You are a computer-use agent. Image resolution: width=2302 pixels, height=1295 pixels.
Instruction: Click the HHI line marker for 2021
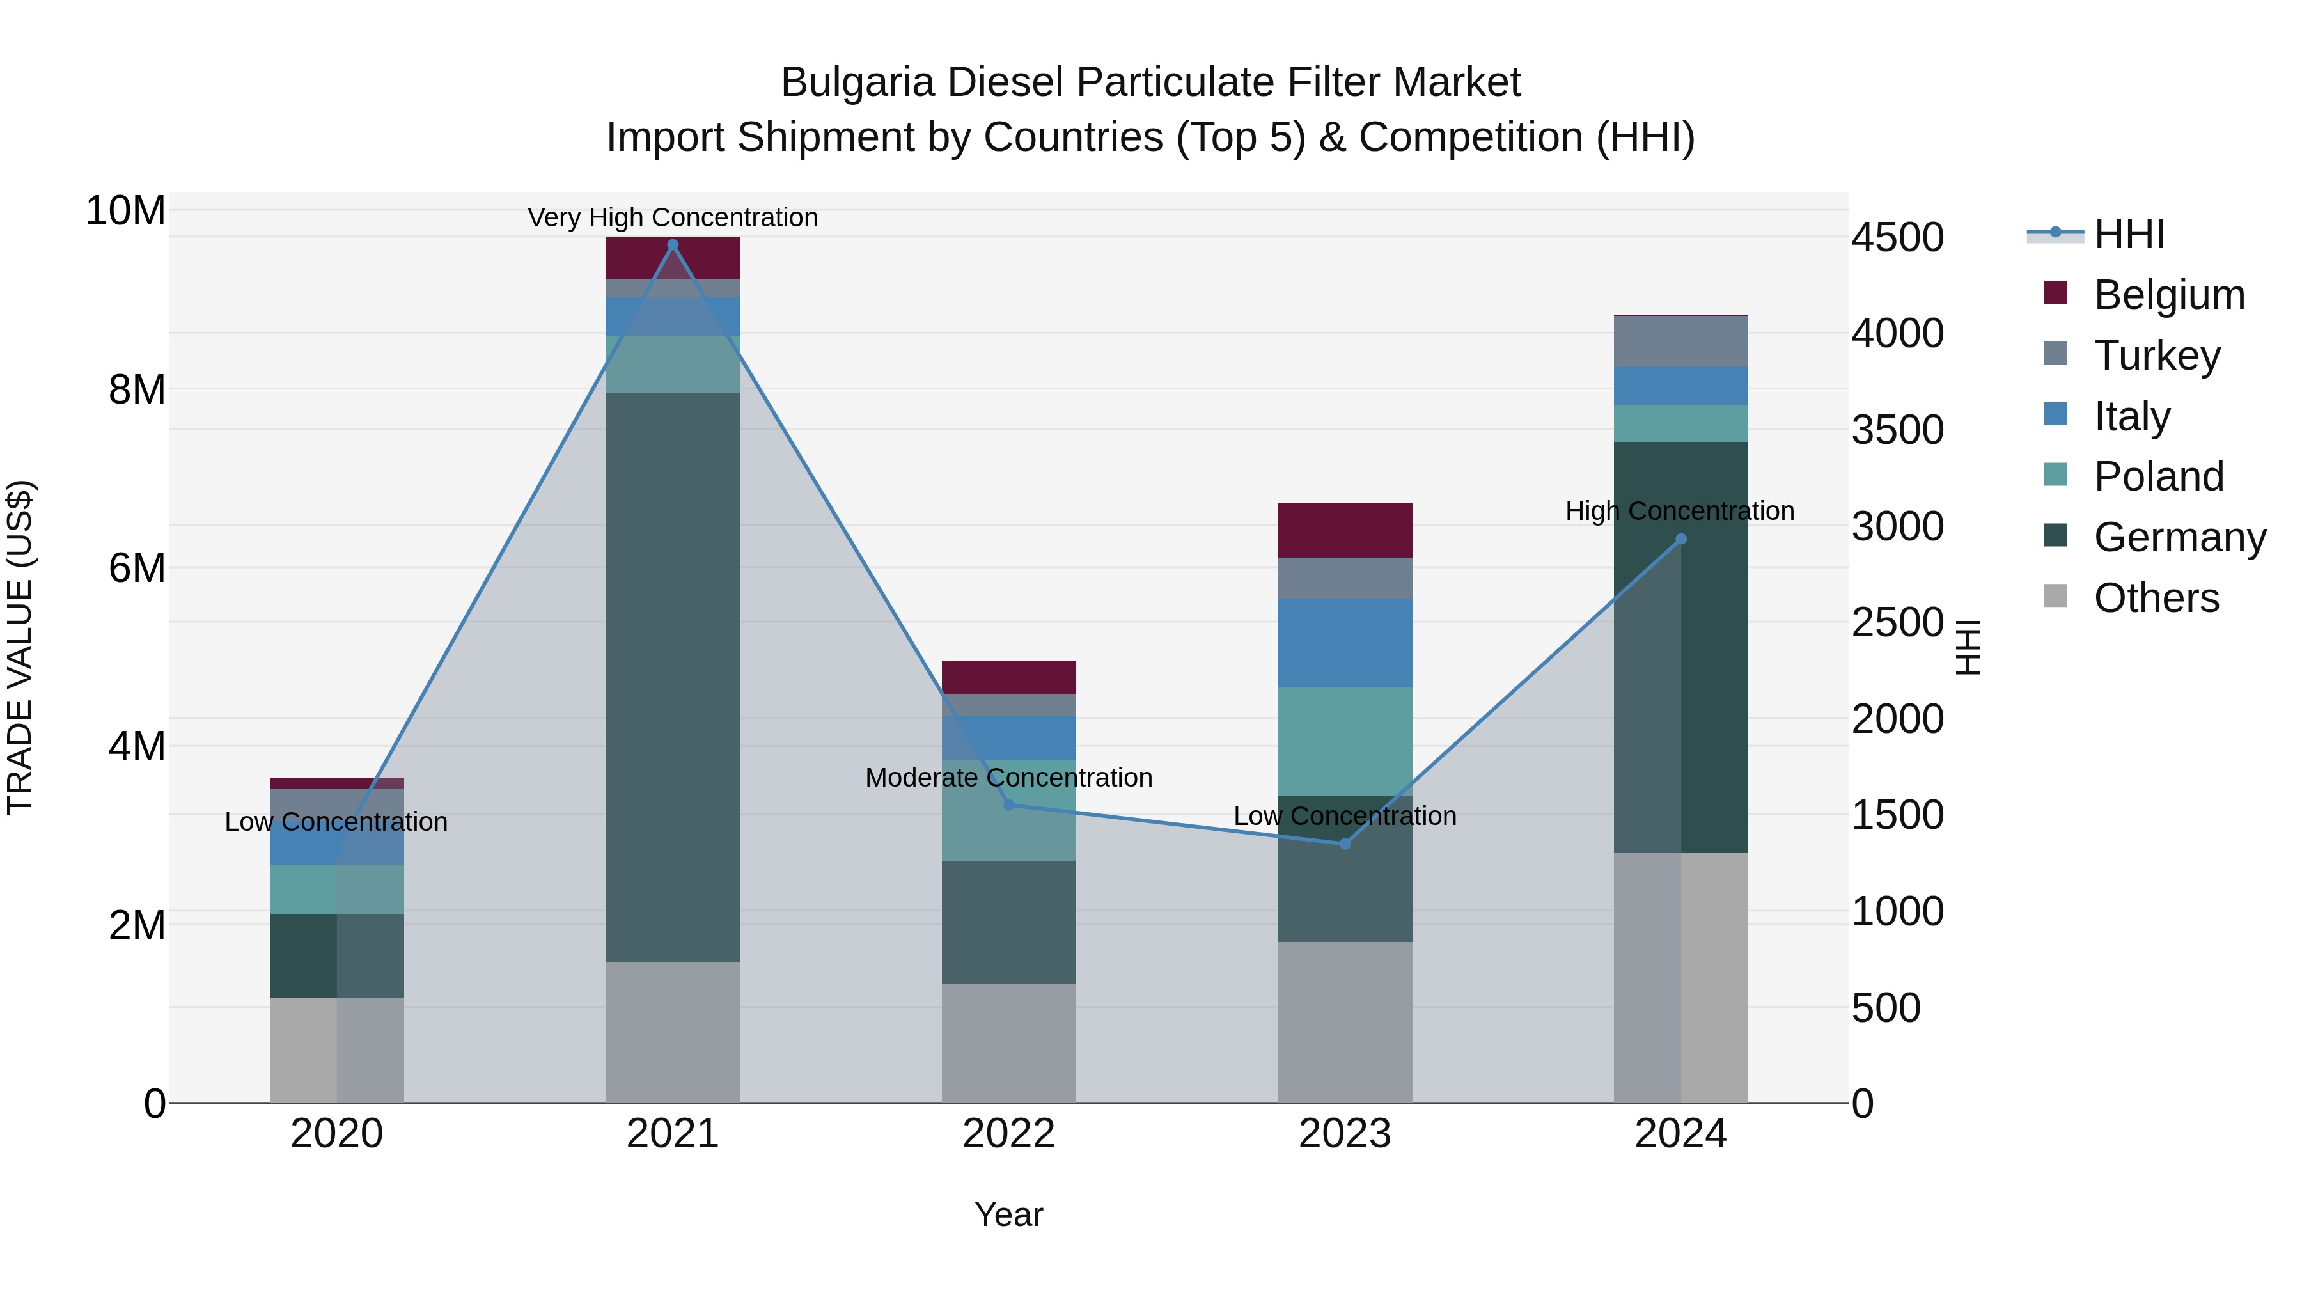673,245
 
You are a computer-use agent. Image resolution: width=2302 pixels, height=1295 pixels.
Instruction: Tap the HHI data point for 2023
1345,844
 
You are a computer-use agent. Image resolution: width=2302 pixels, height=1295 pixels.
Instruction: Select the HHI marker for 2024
1681,539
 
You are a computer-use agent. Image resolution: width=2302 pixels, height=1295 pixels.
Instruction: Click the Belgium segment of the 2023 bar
1345,530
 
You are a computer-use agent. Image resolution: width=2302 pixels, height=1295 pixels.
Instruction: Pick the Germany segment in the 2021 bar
673,677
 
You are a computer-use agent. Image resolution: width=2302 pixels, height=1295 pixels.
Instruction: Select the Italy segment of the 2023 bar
1345,643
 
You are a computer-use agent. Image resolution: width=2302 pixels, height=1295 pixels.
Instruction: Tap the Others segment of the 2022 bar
1009,1043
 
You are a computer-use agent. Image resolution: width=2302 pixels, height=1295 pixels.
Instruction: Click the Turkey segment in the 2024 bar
1681,341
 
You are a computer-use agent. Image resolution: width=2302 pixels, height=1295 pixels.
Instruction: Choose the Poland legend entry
2158,476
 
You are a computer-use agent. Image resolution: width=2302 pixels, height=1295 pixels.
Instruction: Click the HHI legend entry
2129,234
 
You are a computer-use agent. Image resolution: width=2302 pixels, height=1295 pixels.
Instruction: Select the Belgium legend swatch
2055,293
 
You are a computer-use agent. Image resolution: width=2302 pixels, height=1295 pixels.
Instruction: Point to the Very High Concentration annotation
673,217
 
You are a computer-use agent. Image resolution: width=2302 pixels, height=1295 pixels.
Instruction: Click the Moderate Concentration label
1009,778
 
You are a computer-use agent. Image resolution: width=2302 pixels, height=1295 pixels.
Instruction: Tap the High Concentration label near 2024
1680,511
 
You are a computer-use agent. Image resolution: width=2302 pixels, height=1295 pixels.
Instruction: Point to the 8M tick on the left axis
137,389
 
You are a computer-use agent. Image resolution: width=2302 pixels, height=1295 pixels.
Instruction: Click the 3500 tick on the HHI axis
1897,430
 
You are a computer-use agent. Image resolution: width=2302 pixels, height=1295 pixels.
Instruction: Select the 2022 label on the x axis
1009,1134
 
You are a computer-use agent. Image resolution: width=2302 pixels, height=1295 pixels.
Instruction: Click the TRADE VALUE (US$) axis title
20,647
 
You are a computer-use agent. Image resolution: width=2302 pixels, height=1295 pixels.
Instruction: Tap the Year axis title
1009,1214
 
